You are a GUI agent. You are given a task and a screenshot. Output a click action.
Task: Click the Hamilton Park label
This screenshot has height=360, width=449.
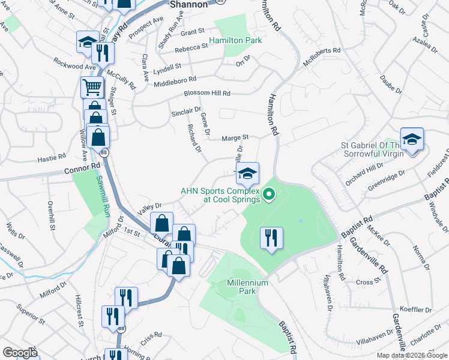[236, 41]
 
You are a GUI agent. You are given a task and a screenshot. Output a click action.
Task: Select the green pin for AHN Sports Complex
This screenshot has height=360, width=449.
[269, 193]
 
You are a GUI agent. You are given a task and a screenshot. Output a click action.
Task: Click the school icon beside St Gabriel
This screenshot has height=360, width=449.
[412, 140]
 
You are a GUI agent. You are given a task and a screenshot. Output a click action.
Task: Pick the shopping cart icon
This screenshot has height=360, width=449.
[92, 88]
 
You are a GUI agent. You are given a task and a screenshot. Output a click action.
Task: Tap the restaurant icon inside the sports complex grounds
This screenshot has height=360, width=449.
[271, 238]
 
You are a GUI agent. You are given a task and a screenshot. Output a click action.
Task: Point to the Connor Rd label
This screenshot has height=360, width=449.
[80, 171]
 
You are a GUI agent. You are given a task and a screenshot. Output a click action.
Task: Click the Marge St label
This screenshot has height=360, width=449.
[235, 137]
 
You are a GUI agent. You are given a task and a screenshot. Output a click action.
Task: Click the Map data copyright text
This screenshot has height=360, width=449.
[412, 355]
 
